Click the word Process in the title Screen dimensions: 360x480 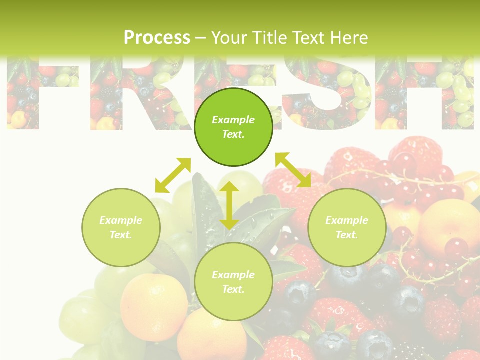pos(157,38)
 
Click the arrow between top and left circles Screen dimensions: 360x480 pos(173,175)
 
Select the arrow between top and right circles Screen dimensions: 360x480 pos(293,170)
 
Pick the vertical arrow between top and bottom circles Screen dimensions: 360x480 pos(229,205)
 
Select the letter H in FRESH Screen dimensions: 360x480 pos(430,95)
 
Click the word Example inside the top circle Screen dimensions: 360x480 pos(233,120)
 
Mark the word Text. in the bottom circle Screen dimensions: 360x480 pos(233,289)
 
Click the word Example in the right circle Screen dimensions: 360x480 pos(347,220)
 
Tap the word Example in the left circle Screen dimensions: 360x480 pos(121,220)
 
